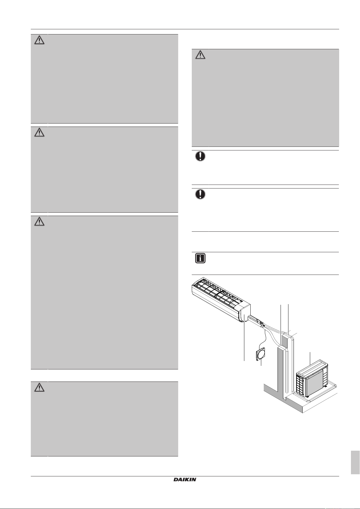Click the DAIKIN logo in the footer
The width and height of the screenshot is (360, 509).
pos(185,479)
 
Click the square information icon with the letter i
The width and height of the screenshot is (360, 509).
pos(200,258)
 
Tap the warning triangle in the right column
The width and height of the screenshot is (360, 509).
pos(200,55)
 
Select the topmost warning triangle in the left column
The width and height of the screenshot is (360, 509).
pos(39,40)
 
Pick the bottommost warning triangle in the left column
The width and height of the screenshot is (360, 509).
pos(39,387)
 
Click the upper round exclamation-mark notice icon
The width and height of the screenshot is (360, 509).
pos(200,156)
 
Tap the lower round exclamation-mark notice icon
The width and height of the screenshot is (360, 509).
pos(200,194)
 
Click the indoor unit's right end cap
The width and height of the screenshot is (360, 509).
pos(244,313)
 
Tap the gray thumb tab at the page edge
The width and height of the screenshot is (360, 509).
pos(355,463)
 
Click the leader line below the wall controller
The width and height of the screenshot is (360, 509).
pos(261,363)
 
